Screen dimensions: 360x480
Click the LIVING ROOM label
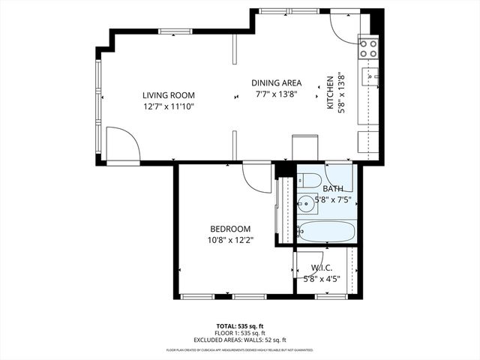click(x=169, y=95)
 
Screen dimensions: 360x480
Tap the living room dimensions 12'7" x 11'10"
click(x=169, y=106)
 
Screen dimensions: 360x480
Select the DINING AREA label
click(x=276, y=83)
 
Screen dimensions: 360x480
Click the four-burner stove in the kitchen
click(x=368, y=49)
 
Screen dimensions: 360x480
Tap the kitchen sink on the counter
click(x=370, y=76)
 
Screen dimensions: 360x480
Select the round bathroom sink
click(x=307, y=202)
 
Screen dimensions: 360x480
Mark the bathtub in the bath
click(x=327, y=231)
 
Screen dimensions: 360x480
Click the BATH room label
click(x=333, y=189)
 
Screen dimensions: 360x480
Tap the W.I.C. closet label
click(x=322, y=268)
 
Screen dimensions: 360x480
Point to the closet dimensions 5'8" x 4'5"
click(x=322, y=279)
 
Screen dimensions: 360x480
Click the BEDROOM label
click(x=230, y=229)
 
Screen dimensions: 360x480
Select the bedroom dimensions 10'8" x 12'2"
click(x=230, y=240)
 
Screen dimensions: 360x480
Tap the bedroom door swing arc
click(x=255, y=178)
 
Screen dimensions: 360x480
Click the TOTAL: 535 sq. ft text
click(x=240, y=326)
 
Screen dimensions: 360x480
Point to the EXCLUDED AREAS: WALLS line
click(x=240, y=340)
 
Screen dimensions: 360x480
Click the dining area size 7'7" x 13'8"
click(x=276, y=94)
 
